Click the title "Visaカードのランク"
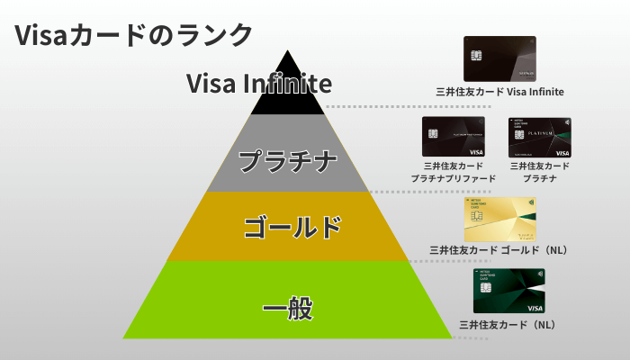[x=133, y=34]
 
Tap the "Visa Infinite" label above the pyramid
[x=259, y=84]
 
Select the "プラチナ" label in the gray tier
[x=288, y=163]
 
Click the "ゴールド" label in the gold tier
[x=293, y=227]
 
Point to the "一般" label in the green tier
[x=288, y=310]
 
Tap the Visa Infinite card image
[x=499, y=58]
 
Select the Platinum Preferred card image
[x=453, y=137]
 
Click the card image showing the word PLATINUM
[x=540, y=137]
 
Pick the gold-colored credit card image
[x=499, y=220]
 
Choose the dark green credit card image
[x=509, y=291]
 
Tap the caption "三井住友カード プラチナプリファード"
[x=453, y=172]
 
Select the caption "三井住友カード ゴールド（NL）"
[x=502, y=250]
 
